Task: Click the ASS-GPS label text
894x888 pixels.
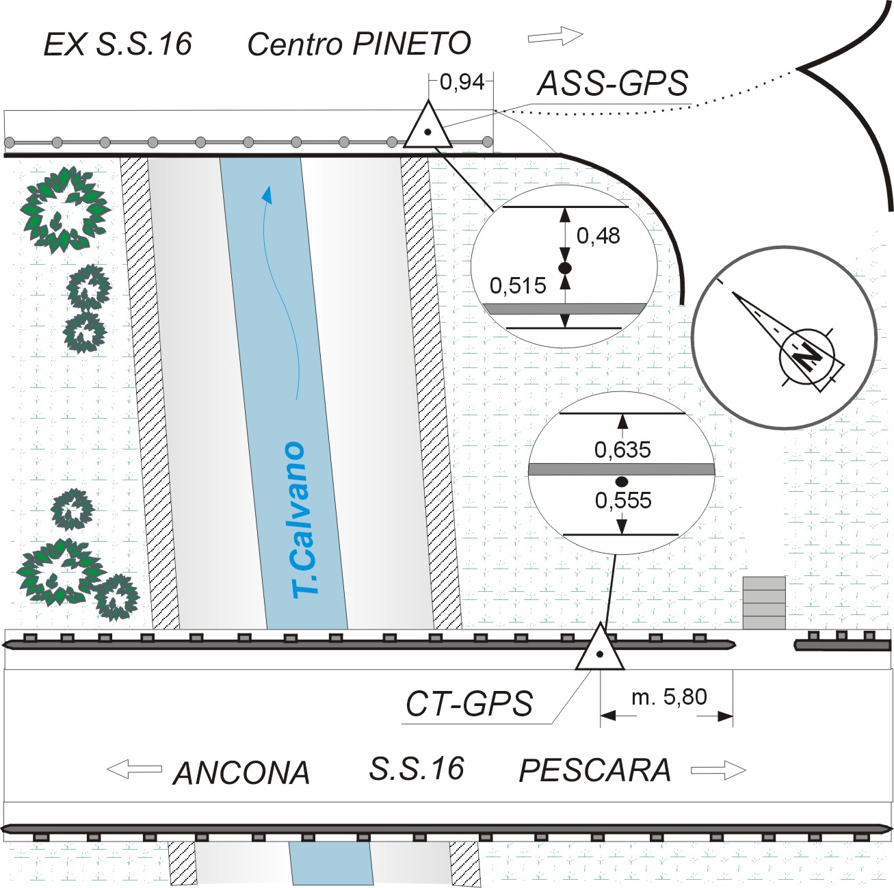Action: [x=612, y=83]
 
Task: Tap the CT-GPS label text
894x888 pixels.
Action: [x=469, y=703]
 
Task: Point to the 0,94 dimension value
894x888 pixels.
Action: [x=462, y=82]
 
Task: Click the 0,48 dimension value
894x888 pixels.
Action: [x=598, y=235]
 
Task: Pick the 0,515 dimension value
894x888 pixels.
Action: [x=518, y=285]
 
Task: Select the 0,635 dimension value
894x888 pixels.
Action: [x=622, y=449]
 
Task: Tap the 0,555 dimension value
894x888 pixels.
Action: [x=623, y=500]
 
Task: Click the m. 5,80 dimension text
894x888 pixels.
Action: [x=668, y=697]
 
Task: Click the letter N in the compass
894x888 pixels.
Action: [x=809, y=356]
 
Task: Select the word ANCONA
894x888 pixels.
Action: [x=241, y=773]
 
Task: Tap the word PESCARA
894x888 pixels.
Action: [x=595, y=770]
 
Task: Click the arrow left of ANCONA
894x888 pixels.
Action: [x=134, y=769]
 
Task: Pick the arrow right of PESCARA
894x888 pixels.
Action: [x=718, y=770]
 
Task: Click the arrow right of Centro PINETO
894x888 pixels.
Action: [x=555, y=35]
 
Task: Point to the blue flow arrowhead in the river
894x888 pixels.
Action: [x=268, y=195]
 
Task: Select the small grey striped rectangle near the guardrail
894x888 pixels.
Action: [x=764, y=603]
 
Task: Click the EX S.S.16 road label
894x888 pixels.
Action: [x=118, y=44]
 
